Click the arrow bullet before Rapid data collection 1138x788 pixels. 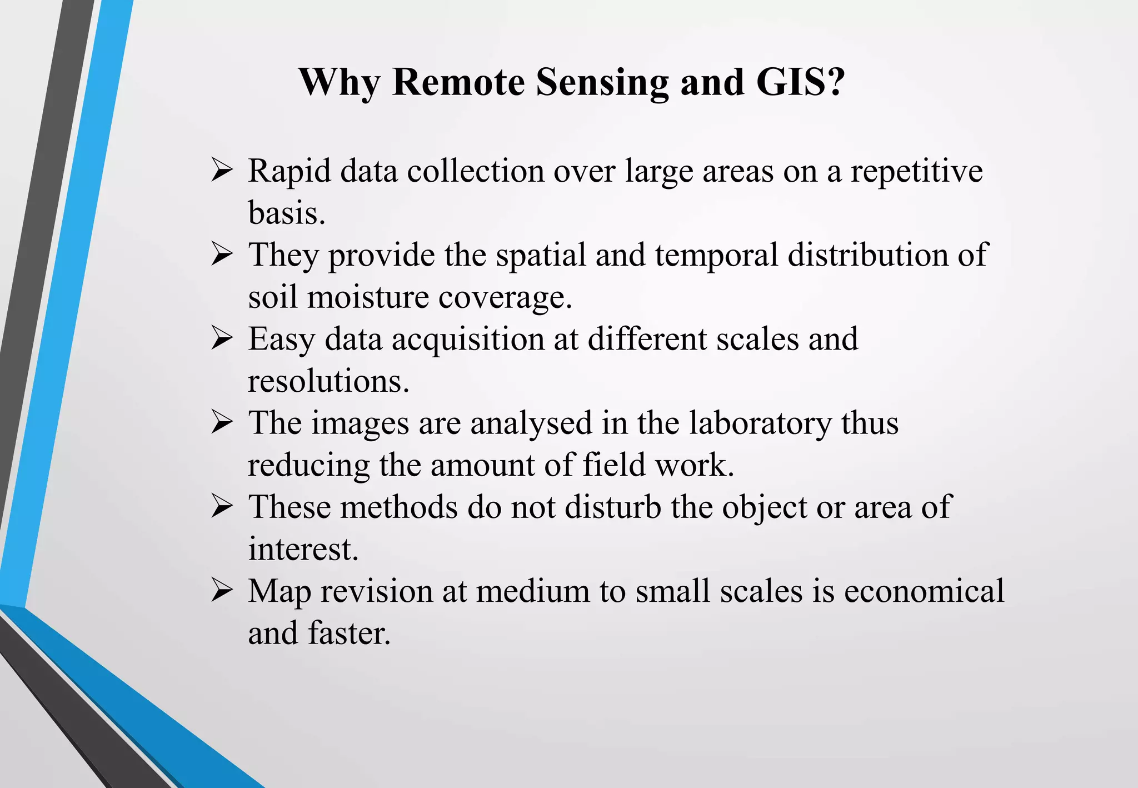pyautogui.click(x=222, y=171)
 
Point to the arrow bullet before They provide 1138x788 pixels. pyautogui.click(x=222, y=255)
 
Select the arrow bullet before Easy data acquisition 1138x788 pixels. pyautogui.click(x=222, y=339)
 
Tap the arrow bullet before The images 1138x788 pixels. pyautogui.click(x=222, y=423)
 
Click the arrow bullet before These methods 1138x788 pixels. pyautogui.click(x=222, y=507)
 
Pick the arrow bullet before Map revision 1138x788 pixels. pyautogui.click(x=222, y=591)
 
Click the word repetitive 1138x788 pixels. pyautogui.click(x=917, y=171)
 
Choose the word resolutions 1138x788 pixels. pyautogui.click(x=328, y=382)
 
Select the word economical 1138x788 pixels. pyautogui.click(x=924, y=591)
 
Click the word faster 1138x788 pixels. pyautogui.click(x=349, y=633)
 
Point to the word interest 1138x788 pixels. pyautogui.click(x=303, y=549)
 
